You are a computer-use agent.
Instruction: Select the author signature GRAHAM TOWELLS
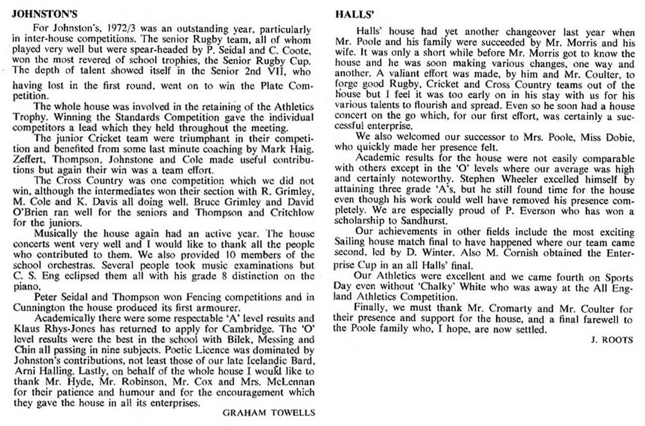click(268, 412)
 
